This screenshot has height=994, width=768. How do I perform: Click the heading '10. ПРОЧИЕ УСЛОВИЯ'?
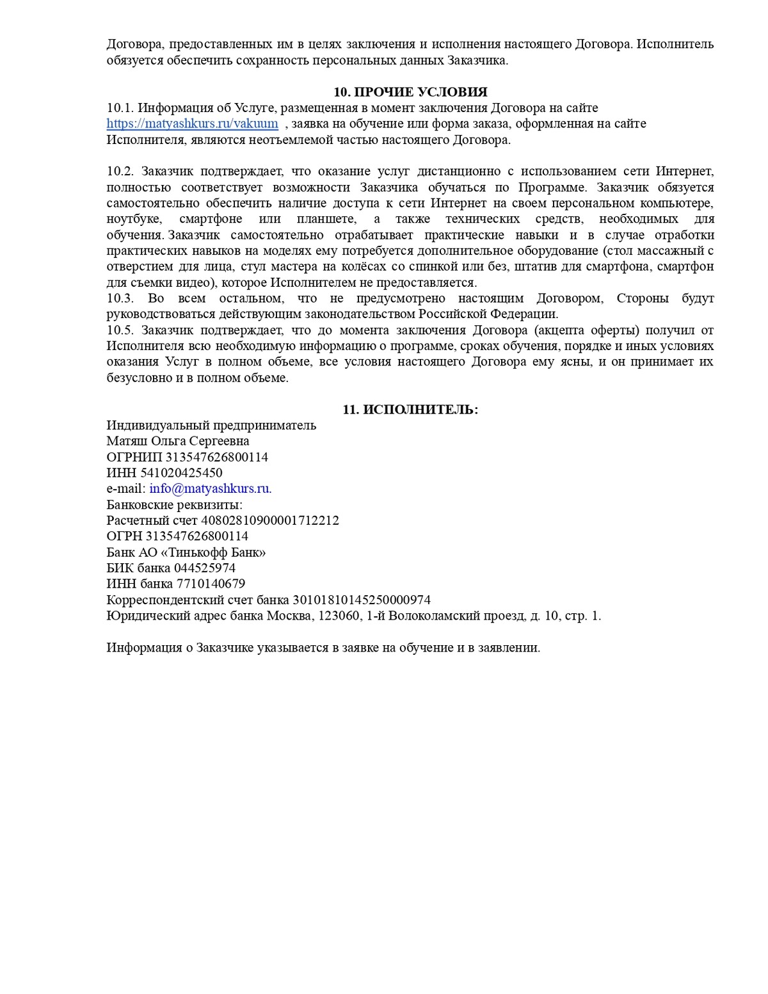coord(410,92)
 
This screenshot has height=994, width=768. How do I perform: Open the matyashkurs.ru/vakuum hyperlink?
coord(192,124)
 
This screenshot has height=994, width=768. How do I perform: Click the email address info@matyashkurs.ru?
coord(209,488)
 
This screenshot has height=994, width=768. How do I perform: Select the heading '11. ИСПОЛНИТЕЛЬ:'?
coord(410,410)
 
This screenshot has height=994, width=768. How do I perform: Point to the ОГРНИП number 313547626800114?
coord(217,457)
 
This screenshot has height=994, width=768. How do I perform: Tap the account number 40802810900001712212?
coord(270,520)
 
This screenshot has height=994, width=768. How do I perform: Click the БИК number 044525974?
coord(205,568)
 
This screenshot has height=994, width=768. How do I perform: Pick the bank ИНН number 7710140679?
coord(211,584)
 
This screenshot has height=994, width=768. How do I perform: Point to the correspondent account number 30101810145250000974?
coord(362,600)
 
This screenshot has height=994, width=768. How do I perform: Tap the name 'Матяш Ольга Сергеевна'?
coord(178,441)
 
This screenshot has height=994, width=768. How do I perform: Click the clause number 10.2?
coord(120,172)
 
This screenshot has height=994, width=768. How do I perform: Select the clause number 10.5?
coord(120,330)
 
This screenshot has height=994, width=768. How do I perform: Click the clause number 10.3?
coord(120,298)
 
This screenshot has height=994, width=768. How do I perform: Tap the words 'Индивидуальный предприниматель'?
coord(211,426)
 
